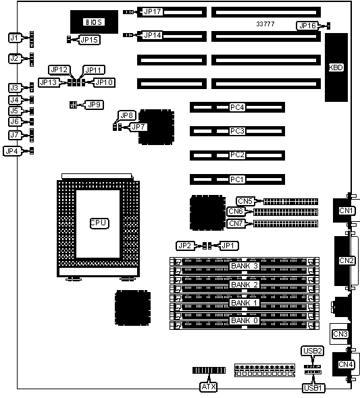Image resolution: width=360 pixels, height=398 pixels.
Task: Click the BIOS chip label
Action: click(x=94, y=22)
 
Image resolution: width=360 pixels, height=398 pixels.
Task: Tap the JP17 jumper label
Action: click(x=152, y=11)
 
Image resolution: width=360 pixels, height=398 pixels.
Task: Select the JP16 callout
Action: click(x=307, y=26)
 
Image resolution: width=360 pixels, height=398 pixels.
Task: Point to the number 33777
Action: click(x=265, y=24)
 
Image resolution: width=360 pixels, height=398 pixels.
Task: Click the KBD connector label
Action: click(x=336, y=67)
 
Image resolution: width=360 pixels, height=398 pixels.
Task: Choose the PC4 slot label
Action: click(x=237, y=107)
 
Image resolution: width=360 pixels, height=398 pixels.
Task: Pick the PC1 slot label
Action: click(x=237, y=179)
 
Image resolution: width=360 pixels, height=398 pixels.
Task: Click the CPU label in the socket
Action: click(x=99, y=223)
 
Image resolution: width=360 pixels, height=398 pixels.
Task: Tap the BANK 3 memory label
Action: click(x=245, y=266)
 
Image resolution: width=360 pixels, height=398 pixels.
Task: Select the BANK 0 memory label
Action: click(x=245, y=320)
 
